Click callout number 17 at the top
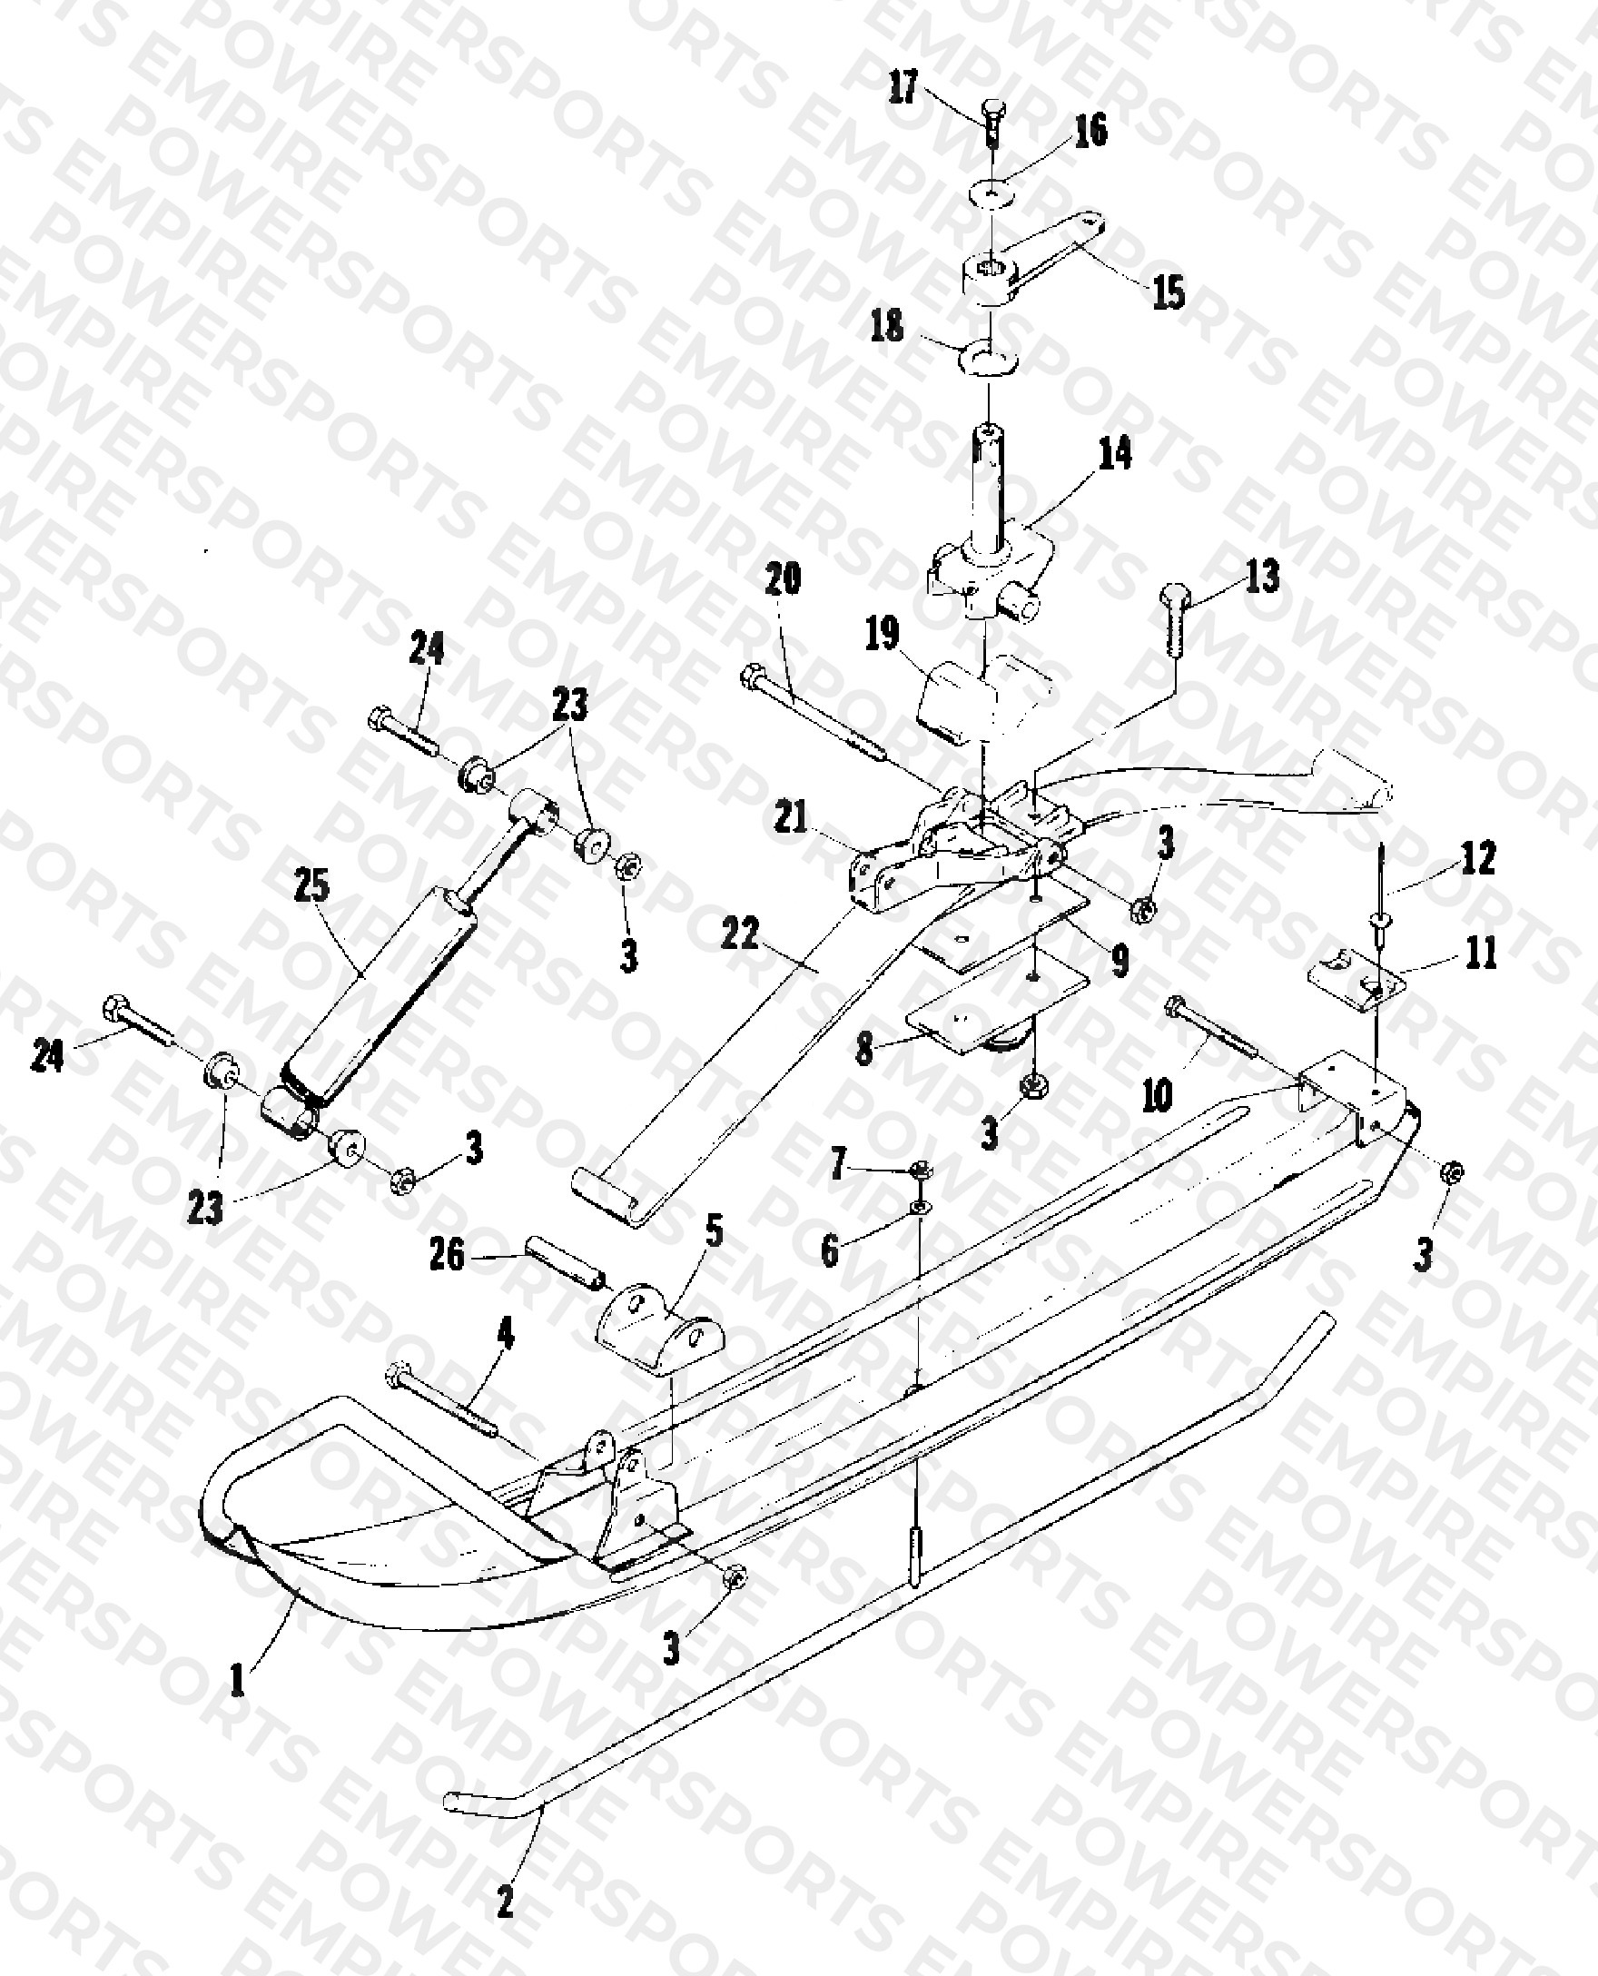(904, 89)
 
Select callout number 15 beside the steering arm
(1169, 292)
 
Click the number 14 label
(1115, 453)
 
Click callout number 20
(784, 578)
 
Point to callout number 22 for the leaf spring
(740, 935)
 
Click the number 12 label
(1477, 858)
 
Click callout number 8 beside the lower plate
(863, 1051)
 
